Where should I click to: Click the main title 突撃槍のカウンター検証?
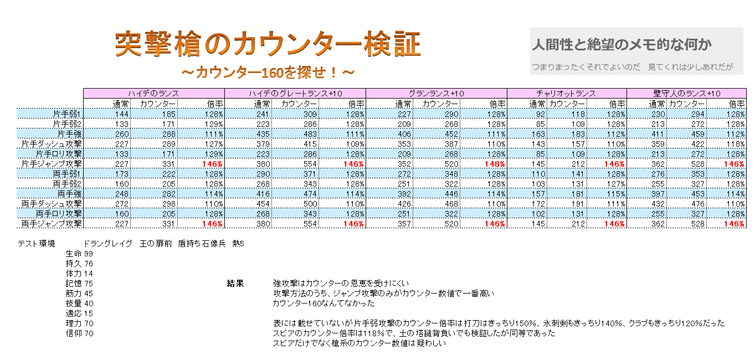tap(268, 44)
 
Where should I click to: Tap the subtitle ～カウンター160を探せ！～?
tap(268, 72)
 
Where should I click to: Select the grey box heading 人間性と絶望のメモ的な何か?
tap(622, 45)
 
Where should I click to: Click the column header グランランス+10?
tap(436, 93)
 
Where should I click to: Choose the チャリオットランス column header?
tap(566, 93)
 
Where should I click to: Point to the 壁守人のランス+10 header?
tap(686, 93)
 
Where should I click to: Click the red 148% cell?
tap(495, 164)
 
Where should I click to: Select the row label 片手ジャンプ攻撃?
tap(52, 164)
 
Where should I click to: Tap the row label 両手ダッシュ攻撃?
tap(52, 204)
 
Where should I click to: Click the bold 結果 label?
tap(235, 284)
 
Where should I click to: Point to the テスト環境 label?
tap(37, 243)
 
